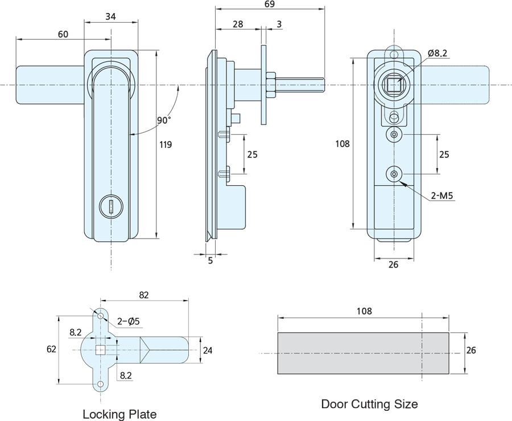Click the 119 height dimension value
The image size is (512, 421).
(x=166, y=145)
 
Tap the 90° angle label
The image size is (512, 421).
(x=163, y=120)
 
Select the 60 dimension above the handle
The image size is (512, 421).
(x=63, y=34)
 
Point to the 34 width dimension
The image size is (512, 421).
(x=111, y=17)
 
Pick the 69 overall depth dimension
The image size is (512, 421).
(x=270, y=5)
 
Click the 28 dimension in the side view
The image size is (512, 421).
(x=238, y=24)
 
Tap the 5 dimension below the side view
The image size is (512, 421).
(x=210, y=261)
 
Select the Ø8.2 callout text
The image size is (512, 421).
(x=437, y=53)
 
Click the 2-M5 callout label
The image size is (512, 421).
(x=442, y=196)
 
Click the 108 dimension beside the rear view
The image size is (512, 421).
(x=342, y=144)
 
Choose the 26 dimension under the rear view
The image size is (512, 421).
(x=393, y=264)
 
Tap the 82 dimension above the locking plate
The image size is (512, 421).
(x=143, y=295)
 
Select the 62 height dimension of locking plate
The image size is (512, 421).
(x=51, y=350)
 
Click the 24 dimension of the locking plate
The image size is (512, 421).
(x=207, y=351)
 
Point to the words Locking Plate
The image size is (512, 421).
(x=119, y=414)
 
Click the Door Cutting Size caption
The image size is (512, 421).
(x=369, y=405)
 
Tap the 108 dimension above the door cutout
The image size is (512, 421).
(x=364, y=311)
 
